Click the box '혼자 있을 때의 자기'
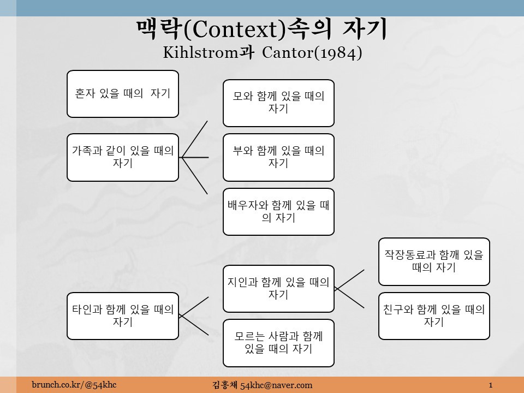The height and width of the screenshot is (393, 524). [123, 94]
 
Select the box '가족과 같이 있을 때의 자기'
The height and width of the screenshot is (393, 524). [123, 157]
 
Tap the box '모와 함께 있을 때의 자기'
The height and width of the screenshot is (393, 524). [278, 103]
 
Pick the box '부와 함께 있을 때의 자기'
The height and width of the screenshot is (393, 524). [278, 157]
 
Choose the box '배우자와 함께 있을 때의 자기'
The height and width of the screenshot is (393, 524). [278, 212]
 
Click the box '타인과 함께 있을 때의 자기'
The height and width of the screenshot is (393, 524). [123, 316]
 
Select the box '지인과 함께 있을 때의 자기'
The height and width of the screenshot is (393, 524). [278, 289]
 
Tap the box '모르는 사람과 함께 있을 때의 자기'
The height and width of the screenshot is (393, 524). [278, 343]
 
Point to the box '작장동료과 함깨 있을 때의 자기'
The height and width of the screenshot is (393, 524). [434, 261]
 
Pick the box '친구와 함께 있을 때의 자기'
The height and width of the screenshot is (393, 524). [434, 316]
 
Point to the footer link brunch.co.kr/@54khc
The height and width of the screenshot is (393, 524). [74, 385]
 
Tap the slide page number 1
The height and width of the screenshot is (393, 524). [491, 385]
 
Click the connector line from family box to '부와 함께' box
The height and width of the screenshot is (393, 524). [195, 157]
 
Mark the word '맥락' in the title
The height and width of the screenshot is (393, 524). [159, 30]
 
